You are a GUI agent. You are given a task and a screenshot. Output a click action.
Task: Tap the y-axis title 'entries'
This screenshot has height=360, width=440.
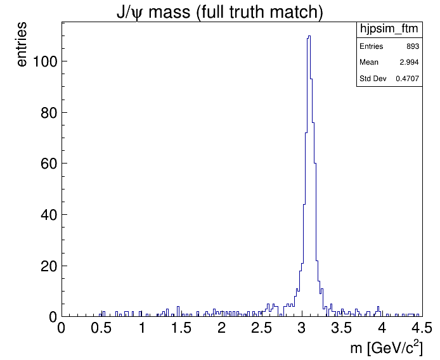[x=22, y=44]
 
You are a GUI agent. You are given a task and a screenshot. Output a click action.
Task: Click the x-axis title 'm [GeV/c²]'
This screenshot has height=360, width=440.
[x=386, y=348]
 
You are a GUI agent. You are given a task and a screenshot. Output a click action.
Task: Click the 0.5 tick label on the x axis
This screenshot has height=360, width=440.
[x=101, y=328]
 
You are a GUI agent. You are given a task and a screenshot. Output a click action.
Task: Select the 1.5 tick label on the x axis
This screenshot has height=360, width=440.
[x=181, y=328]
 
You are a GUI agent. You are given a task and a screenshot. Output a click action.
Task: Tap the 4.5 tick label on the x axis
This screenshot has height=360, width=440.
[x=420, y=328]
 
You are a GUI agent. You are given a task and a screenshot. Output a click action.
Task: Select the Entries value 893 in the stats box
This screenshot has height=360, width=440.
[x=412, y=47]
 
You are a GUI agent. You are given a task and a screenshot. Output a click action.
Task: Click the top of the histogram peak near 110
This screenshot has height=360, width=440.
[x=309, y=36]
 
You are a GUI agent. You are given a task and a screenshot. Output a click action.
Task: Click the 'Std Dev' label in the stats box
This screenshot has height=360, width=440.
[x=373, y=79]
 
